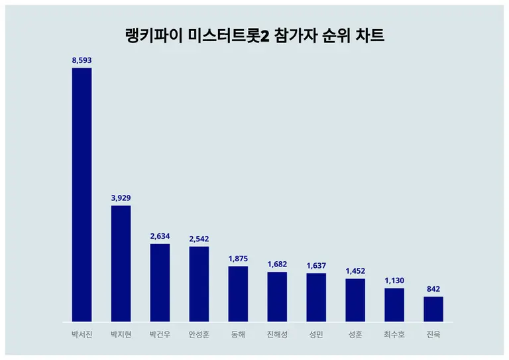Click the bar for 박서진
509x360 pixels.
[x=82, y=195]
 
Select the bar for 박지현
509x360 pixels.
[x=121, y=264]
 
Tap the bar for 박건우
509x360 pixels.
[x=160, y=283]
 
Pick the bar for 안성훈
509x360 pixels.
[x=199, y=284]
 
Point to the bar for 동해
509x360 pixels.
[x=238, y=294]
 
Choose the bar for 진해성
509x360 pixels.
[x=277, y=297]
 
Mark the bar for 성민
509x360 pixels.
[x=316, y=298]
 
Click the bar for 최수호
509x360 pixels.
[x=394, y=305]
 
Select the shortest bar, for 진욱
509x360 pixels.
[x=433, y=310]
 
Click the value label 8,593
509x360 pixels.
[x=82, y=60]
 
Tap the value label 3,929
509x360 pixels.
[x=121, y=198]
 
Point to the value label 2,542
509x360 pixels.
[x=199, y=239]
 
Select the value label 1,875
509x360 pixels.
[x=238, y=259]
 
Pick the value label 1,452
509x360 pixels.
[x=355, y=271]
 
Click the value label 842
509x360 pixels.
[x=433, y=289]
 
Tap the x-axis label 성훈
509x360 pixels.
[x=355, y=334]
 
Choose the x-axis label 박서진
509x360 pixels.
[x=82, y=334]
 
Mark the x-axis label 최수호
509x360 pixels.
[x=394, y=334]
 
